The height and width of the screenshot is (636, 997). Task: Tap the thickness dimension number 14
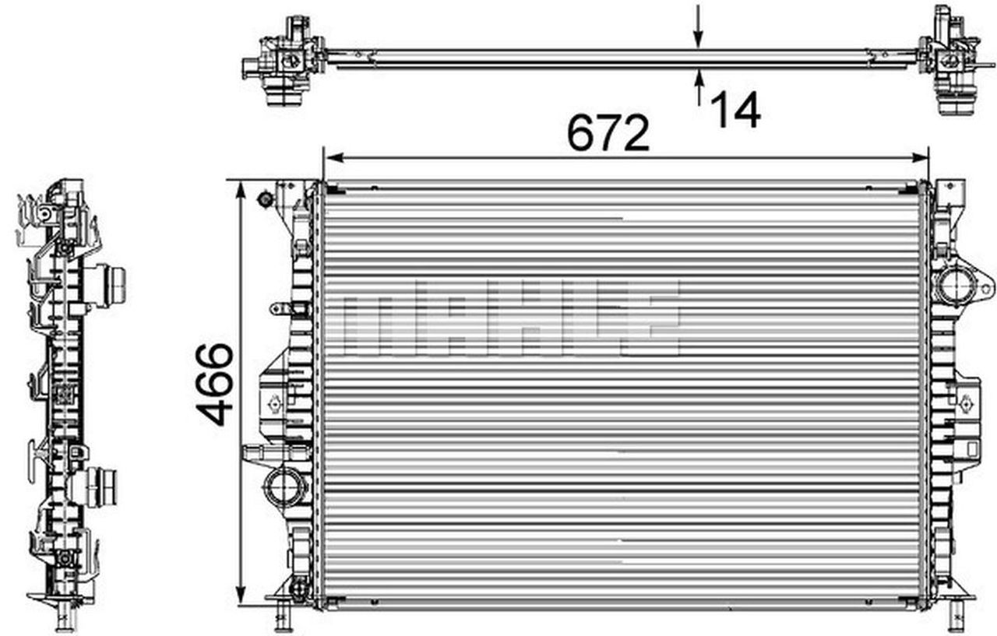735,110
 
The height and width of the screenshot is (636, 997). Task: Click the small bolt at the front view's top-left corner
265,199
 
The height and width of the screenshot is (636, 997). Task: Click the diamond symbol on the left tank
273,403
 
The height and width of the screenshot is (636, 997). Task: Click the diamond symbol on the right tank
967,402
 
